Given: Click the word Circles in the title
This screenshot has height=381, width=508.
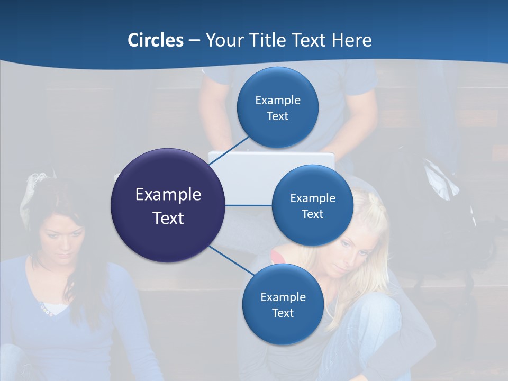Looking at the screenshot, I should (x=156, y=40).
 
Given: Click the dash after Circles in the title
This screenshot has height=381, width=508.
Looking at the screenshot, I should (x=194, y=41).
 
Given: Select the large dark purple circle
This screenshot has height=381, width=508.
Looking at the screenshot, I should (x=168, y=205).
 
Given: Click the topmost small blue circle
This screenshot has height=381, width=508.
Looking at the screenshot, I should (x=277, y=107).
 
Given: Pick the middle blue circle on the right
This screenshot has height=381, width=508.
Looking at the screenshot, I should (x=312, y=205).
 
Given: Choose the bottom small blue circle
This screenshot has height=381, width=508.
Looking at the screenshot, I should (x=283, y=304).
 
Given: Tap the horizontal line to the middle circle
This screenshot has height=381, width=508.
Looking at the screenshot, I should (x=248, y=205).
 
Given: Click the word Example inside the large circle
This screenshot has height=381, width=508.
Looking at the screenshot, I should (x=168, y=194).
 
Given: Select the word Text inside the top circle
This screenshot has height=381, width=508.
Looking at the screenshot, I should (x=277, y=116).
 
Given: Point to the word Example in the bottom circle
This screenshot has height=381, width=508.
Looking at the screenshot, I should (x=283, y=297).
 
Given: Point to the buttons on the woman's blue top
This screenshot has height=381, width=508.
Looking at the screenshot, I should (x=45, y=310).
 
